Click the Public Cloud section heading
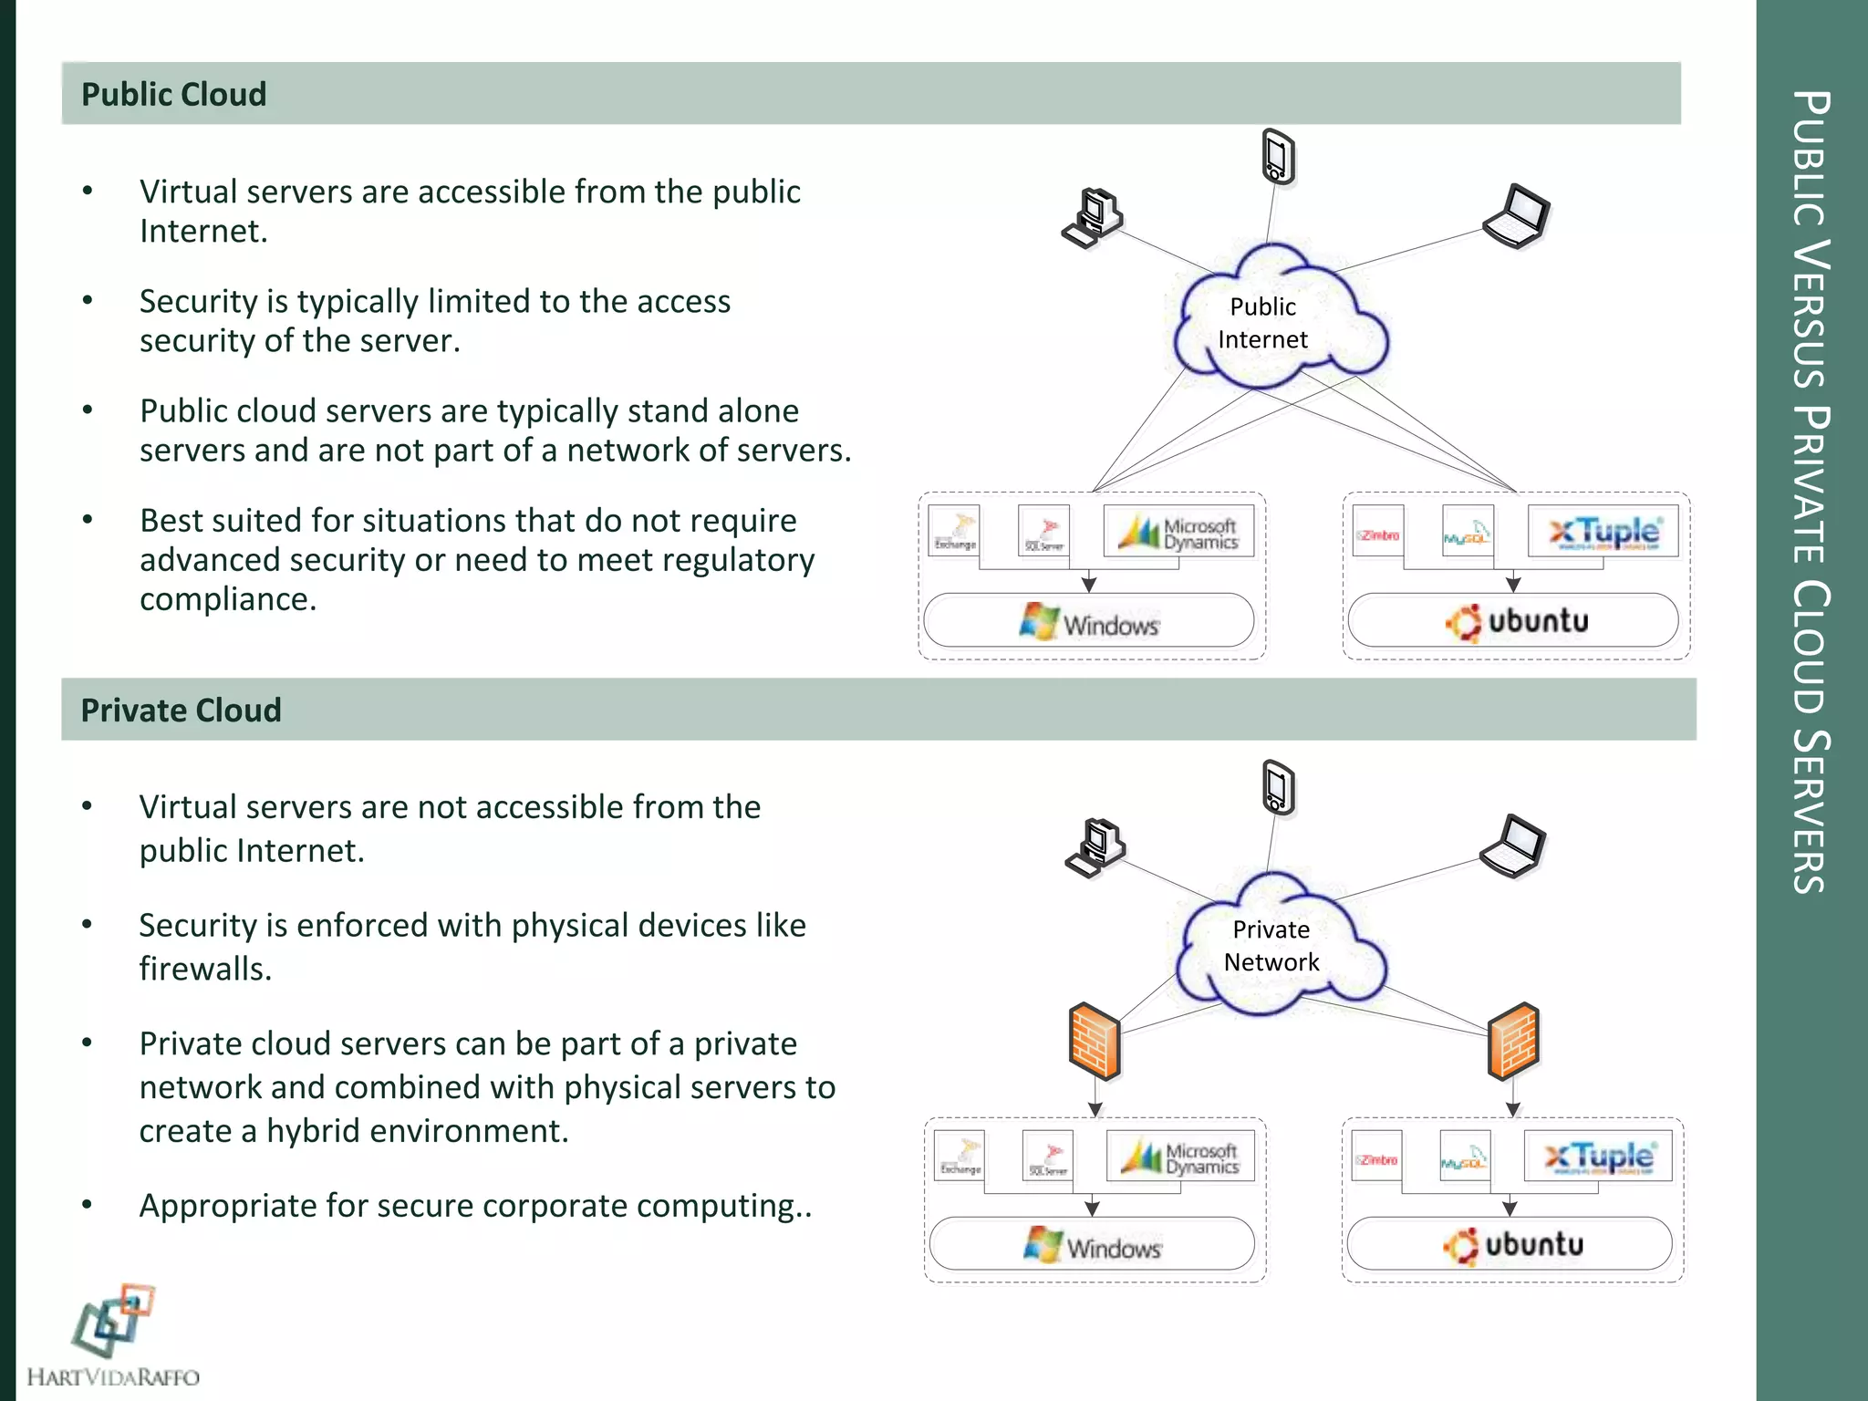click(x=174, y=94)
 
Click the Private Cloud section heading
click(x=181, y=710)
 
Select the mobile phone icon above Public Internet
click(x=1278, y=157)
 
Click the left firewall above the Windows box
click(x=1095, y=1041)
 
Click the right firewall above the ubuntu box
click(x=1513, y=1041)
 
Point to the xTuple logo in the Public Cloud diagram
click(x=1603, y=531)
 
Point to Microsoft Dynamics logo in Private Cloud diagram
click(x=1181, y=1157)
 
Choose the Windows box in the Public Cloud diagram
click(x=1089, y=621)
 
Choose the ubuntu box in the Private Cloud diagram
click(x=1510, y=1244)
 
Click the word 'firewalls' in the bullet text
click(x=204, y=969)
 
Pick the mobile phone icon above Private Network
click(x=1278, y=787)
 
